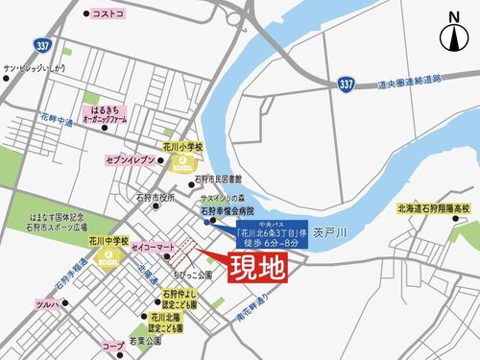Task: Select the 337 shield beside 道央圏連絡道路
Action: pyautogui.click(x=348, y=85)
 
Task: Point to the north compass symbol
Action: pyautogui.click(x=455, y=36)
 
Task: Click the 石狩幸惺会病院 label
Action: pyautogui.click(x=228, y=208)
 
